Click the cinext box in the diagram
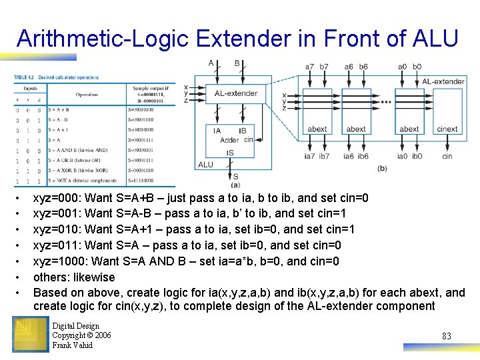447,129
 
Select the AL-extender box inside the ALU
235,93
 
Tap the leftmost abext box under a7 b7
317,129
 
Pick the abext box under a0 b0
409,129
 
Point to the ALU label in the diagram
206,165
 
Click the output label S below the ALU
235,176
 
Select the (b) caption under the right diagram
381,168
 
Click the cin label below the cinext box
447,156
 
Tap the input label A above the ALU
211,64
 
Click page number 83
446,336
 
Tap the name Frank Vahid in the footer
73,345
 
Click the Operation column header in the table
86,94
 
